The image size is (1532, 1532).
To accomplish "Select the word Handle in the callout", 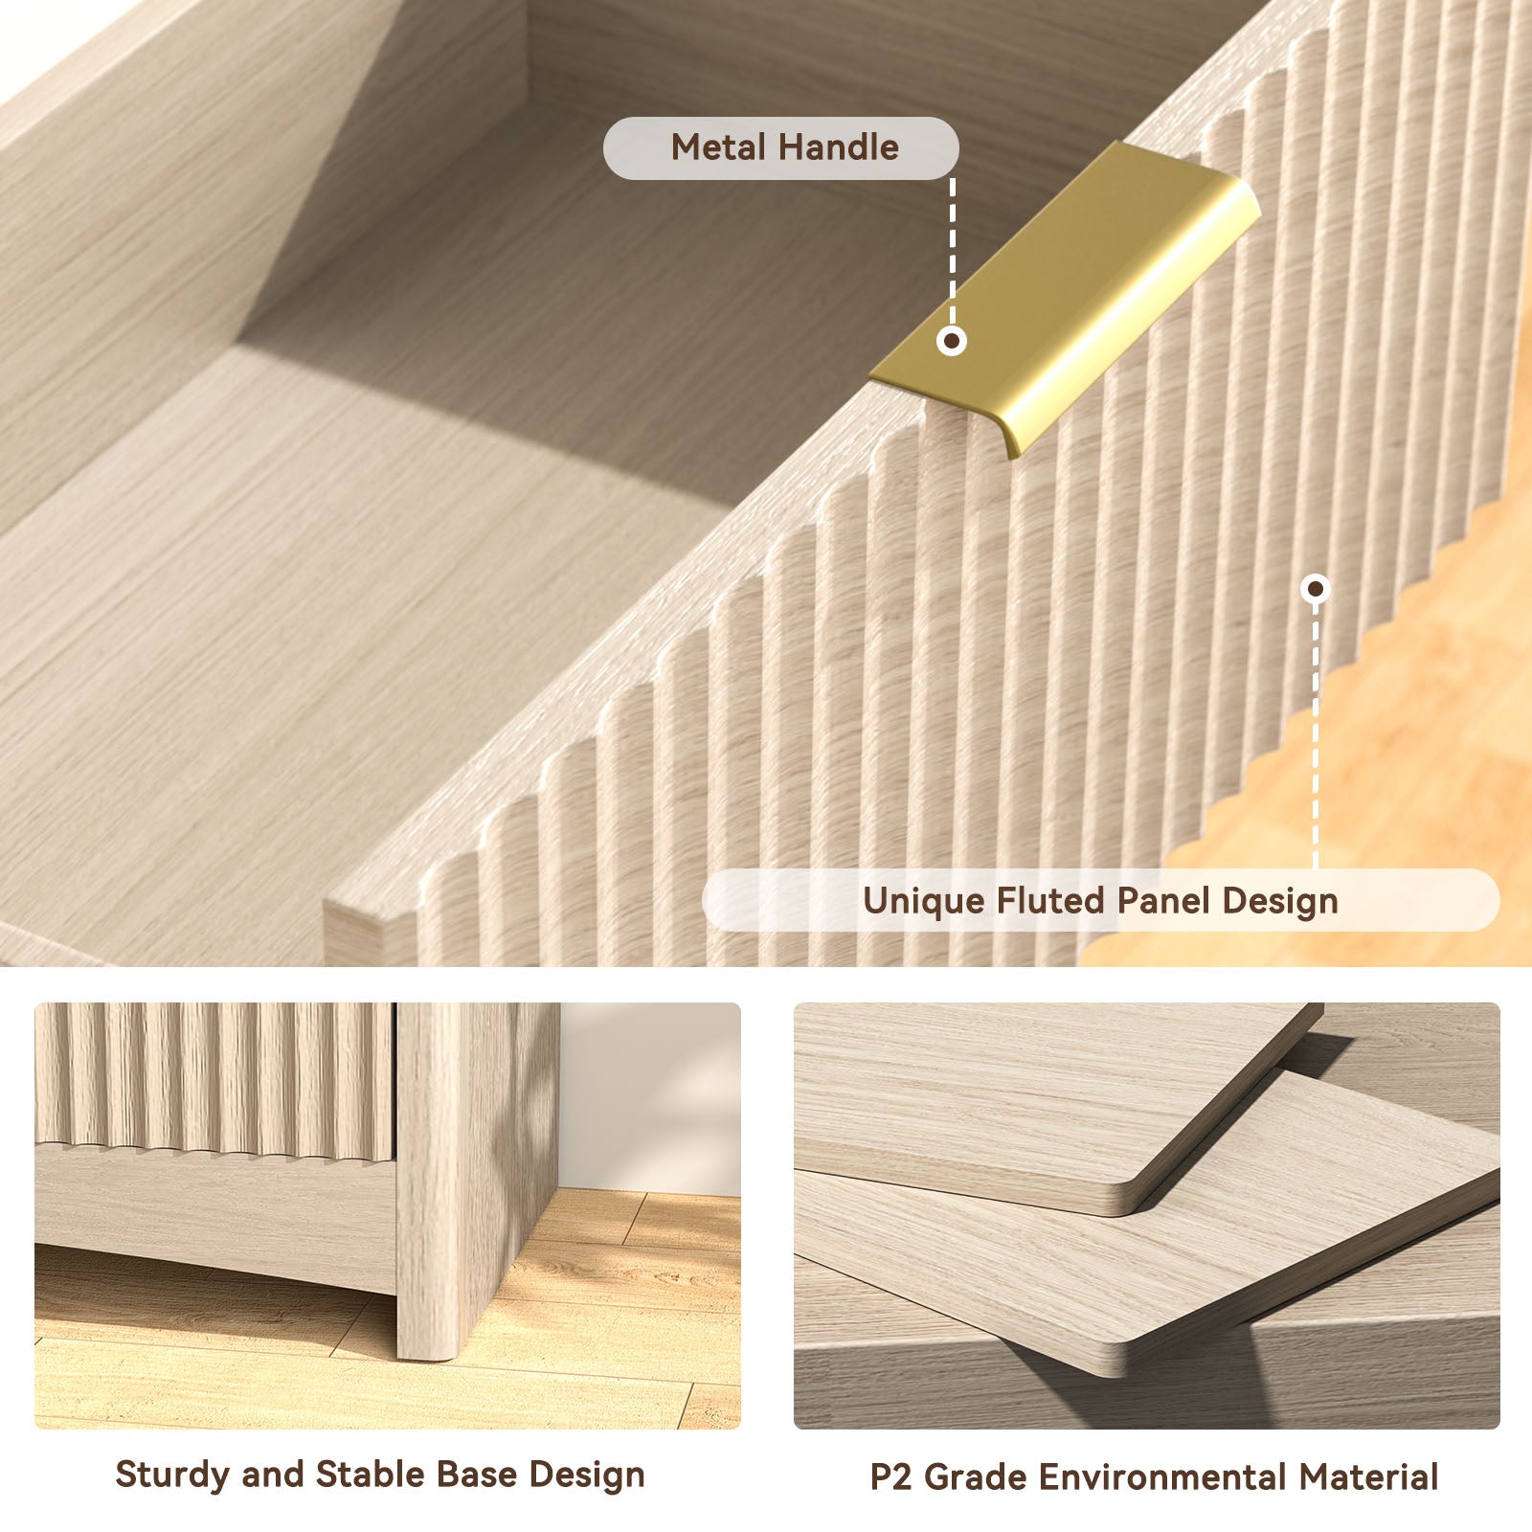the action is coord(839,147).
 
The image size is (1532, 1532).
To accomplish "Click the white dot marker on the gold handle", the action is coord(952,340).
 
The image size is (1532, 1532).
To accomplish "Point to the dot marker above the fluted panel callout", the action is coord(1317,588).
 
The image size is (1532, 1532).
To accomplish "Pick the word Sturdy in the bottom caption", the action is coord(173,1476).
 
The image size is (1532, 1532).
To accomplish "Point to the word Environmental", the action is coord(1162,1476).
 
